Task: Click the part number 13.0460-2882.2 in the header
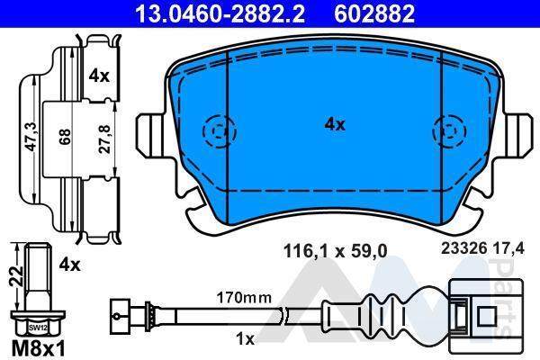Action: coord(220,14)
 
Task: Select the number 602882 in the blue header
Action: coord(374,14)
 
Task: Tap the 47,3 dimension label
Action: coord(31,137)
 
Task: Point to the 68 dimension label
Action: coord(65,137)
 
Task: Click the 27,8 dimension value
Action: coord(105,139)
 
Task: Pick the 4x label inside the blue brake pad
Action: coord(335,124)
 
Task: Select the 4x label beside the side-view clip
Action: coord(99,76)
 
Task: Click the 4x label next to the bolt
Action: coord(69,265)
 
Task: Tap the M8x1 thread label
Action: coord(38,349)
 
